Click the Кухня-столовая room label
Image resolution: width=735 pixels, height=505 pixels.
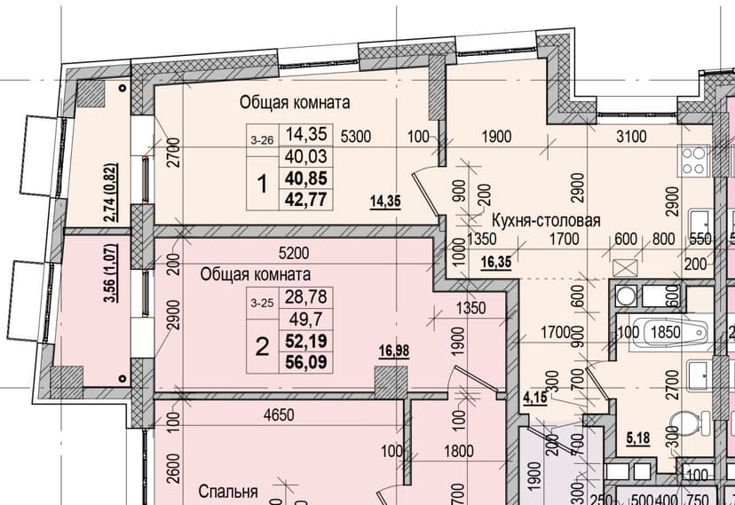pyautogui.click(x=546, y=220)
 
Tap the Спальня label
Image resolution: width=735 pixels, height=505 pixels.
pyautogui.click(x=228, y=492)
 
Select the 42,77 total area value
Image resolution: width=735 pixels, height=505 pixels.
pyautogui.click(x=306, y=200)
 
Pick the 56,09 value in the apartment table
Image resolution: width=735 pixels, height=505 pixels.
pyautogui.click(x=306, y=363)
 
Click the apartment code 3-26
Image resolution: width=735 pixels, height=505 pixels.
pyautogui.click(x=262, y=140)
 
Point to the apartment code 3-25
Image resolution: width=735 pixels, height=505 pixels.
pyautogui.click(x=262, y=304)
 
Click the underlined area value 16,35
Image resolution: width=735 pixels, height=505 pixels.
pyautogui.click(x=496, y=262)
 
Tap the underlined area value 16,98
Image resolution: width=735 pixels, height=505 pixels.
pyautogui.click(x=394, y=351)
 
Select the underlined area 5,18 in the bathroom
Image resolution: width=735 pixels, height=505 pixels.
pyautogui.click(x=638, y=438)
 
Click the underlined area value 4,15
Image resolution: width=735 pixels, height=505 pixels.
pyautogui.click(x=535, y=398)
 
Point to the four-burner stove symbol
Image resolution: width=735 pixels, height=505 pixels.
pyautogui.click(x=694, y=162)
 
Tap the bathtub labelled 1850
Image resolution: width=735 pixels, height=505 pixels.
pyautogui.click(x=669, y=332)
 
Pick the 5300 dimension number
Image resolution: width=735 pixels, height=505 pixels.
pyautogui.click(x=356, y=137)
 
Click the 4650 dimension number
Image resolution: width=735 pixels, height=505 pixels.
pyautogui.click(x=279, y=415)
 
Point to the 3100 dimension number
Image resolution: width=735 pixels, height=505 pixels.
pyautogui.click(x=631, y=137)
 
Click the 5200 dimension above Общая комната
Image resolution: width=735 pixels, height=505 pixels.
pyautogui.click(x=294, y=253)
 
